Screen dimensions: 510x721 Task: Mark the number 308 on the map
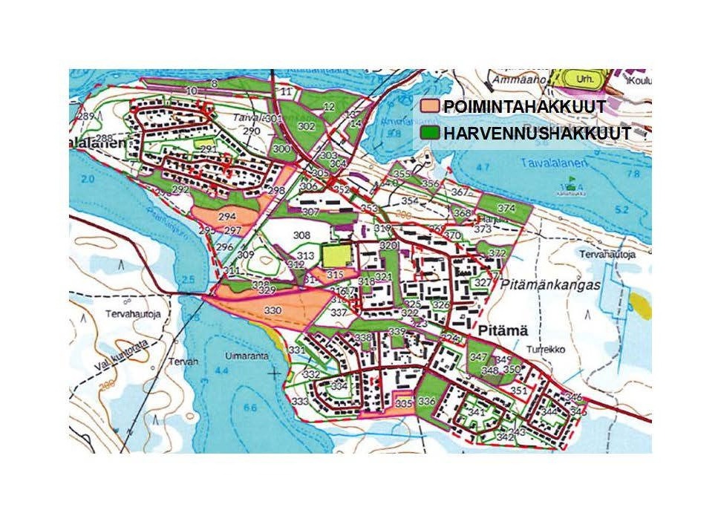pos(301,235)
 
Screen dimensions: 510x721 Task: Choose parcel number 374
pos(506,208)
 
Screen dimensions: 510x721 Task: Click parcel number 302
pos(306,127)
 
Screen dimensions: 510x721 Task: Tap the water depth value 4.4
pos(221,370)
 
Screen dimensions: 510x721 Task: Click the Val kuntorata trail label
pos(105,359)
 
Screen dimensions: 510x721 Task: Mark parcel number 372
pos(497,254)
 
